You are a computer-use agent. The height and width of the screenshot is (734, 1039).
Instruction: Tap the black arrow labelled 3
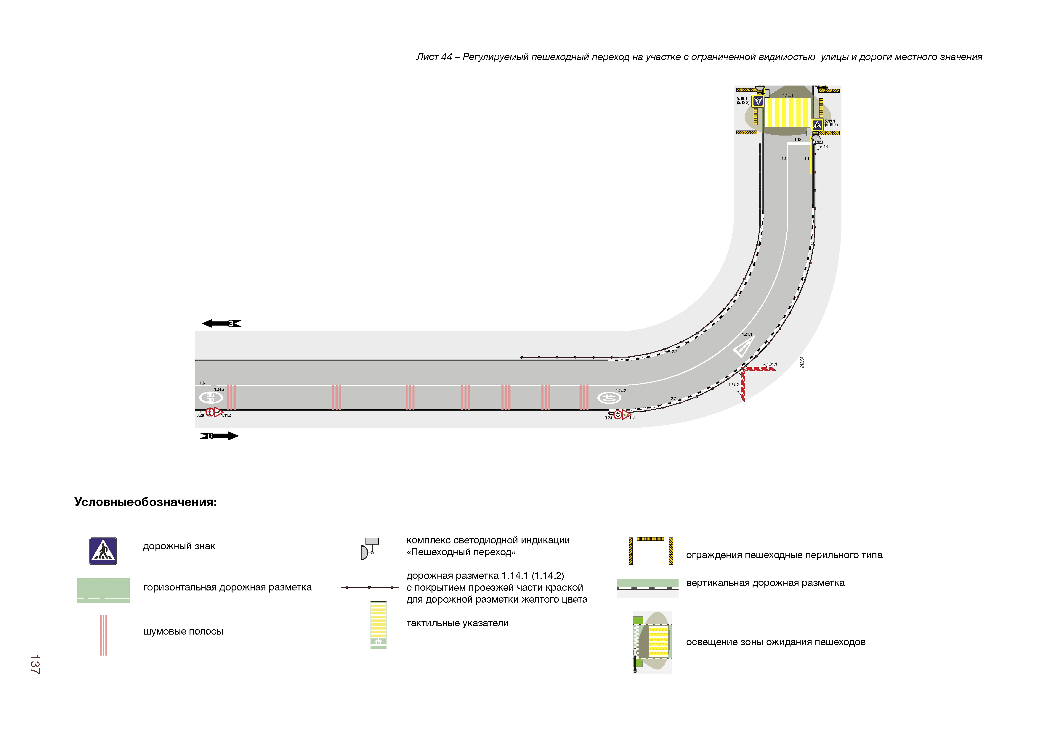pos(221,323)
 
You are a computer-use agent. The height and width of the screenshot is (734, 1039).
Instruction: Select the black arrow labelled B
pos(219,436)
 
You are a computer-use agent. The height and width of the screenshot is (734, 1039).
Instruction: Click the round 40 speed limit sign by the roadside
pos(618,415)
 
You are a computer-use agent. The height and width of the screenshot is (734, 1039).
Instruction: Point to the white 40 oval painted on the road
pos(609,398)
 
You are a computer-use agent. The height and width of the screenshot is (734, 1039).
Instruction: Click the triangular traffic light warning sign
pos(626,415)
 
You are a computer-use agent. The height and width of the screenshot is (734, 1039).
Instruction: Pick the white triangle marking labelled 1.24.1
pos(743,346)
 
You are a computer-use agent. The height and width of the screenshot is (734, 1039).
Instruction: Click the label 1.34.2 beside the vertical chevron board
pos(734,385)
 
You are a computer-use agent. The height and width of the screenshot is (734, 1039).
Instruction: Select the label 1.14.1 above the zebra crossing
pos(788,96)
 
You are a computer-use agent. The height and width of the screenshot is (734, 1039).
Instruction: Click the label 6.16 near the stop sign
pos(824,147)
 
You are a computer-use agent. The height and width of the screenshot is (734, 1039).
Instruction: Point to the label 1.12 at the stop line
pos(798,139)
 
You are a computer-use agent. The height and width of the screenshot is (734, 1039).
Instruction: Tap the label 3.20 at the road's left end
pos(200,415)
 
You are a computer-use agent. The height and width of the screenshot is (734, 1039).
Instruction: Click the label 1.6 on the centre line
pos(202,383)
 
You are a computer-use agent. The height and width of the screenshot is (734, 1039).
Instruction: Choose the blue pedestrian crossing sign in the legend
pos(103,551)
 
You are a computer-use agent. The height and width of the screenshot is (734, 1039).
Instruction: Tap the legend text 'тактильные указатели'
pos(457,623)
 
